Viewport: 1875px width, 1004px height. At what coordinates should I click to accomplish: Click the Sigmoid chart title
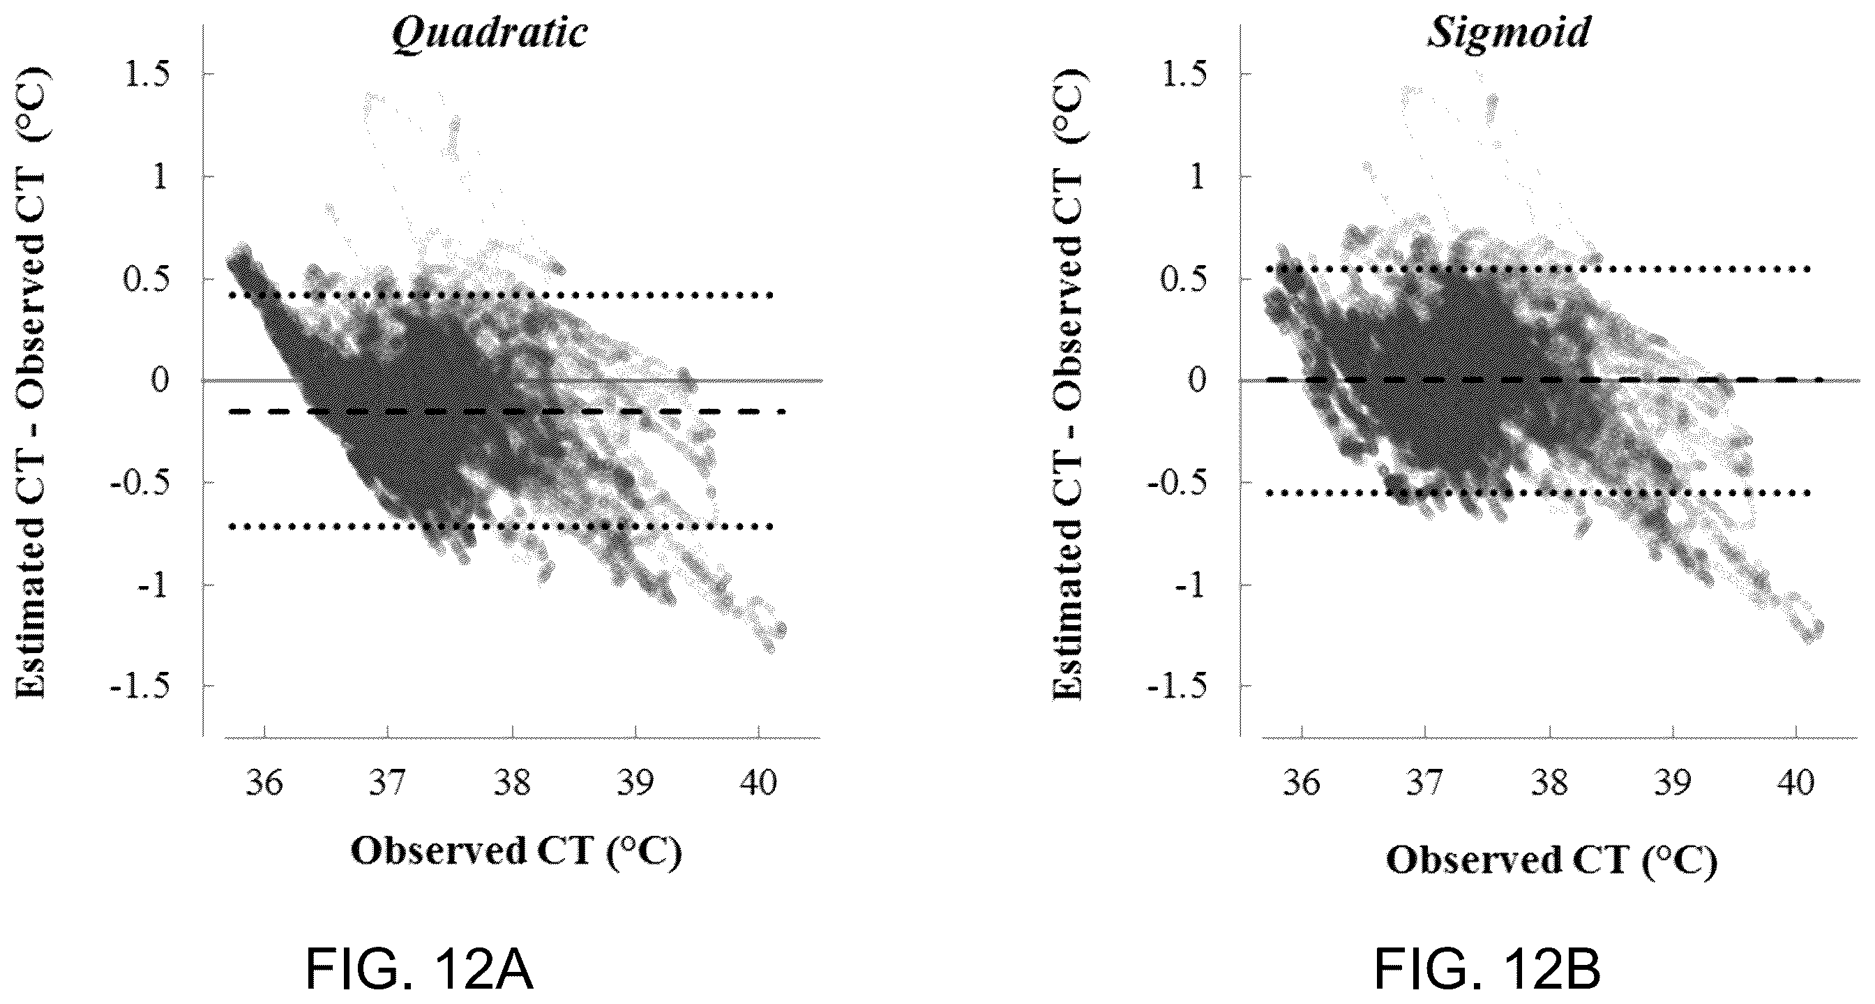pyautogui.click(x=1507, y=33)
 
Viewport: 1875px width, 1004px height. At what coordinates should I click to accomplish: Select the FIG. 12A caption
pyautogui.click(x=419, y=970)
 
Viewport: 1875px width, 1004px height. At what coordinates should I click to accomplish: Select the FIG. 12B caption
pyautogui.click(x=1487, y=970)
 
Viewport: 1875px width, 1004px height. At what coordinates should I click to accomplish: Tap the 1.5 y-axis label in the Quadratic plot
pyautogui.click(x=149, y=73)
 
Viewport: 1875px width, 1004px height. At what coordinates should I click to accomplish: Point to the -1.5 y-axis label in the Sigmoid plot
pyautogui.click(x=1178, y=686)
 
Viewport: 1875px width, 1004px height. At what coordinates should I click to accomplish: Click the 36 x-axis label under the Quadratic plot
pyautogui.click(x=264, y=783)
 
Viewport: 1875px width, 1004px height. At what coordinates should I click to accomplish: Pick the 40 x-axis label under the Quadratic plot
pyautogui.click(x=758, y=783)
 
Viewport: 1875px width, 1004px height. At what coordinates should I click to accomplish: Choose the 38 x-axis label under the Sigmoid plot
pyautogui.click(x=1550, y=783)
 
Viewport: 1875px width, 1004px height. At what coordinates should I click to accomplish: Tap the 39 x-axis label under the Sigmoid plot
pyautogui.click(x=1673, y=783)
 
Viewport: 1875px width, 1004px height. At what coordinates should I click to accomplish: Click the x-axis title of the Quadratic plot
pyautogui.click(x=516, y=853)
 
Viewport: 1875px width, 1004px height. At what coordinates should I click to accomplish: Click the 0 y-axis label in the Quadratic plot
pyautogui.click(x=161, y=380)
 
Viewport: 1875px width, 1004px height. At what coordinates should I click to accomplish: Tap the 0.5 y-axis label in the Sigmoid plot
pyautogui.click(x=1184, y=278)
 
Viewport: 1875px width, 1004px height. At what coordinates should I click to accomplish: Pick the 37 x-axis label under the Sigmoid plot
pyautogui.click(x=1425, y=783)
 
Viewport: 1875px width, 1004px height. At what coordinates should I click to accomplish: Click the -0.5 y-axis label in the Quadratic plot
pyautogui.click(x=141, y=482)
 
